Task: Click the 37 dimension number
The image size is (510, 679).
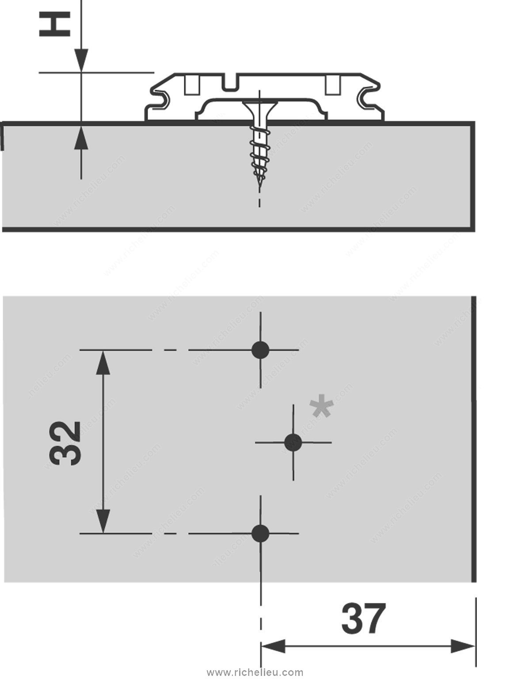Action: click(363, 619)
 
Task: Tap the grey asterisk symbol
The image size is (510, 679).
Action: click(322, 408)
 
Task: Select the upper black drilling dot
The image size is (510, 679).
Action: click(260, 350)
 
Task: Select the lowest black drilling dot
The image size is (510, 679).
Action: click(260, 533)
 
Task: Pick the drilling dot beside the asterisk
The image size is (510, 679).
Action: click(293, 442)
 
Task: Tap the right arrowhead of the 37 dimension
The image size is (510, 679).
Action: click(463, 647)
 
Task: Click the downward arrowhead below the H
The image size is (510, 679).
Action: click(81, 60)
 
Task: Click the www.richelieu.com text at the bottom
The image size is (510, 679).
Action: click(255, 672)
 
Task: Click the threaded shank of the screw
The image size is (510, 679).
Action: click(259, 153)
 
